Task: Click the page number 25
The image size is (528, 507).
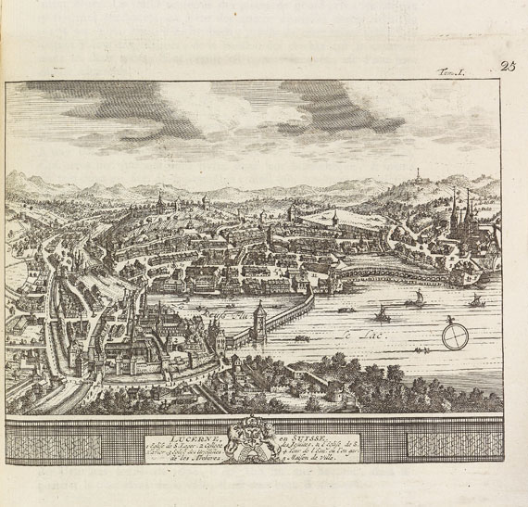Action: [x=507, y=66]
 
